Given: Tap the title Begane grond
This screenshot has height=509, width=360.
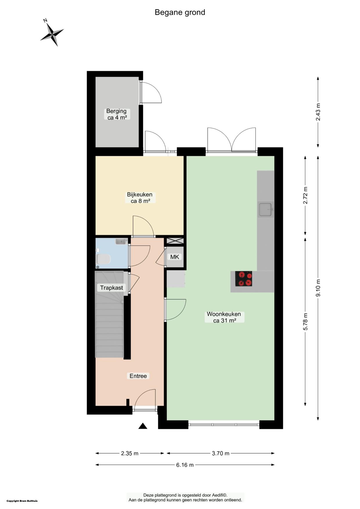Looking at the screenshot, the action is click(180, 12).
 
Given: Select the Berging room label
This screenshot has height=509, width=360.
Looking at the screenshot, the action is click(117, 114).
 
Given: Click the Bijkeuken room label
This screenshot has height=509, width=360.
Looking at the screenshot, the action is click(140, 198).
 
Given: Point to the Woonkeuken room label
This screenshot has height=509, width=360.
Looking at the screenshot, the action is click(224, 317).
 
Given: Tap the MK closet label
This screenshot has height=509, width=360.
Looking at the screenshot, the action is click(175, 257).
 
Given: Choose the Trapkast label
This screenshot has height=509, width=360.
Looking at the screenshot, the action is click(111, 288).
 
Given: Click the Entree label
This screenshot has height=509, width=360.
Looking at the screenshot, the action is click(138, 376).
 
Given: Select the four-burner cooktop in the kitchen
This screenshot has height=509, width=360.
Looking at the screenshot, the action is click(244, 279).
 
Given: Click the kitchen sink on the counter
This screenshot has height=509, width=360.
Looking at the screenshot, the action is click(266, 210).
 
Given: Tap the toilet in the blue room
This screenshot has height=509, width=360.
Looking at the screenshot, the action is click(103, 259).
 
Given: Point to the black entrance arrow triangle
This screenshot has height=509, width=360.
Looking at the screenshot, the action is click(143, 426).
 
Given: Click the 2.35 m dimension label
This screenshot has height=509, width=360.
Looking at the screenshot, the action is click(130, 453).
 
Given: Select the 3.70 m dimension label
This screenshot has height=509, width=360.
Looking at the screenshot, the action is click(221, 453).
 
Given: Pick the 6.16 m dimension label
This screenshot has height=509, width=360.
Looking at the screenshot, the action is click(185, 465).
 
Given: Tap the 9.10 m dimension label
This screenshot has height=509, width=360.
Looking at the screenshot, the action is click(318, 288).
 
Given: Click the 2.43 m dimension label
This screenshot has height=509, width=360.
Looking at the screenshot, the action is click(318, 112).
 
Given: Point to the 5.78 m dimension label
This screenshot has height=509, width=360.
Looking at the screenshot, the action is click(305, 321).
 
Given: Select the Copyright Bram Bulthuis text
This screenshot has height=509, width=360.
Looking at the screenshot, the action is click(22, 501).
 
